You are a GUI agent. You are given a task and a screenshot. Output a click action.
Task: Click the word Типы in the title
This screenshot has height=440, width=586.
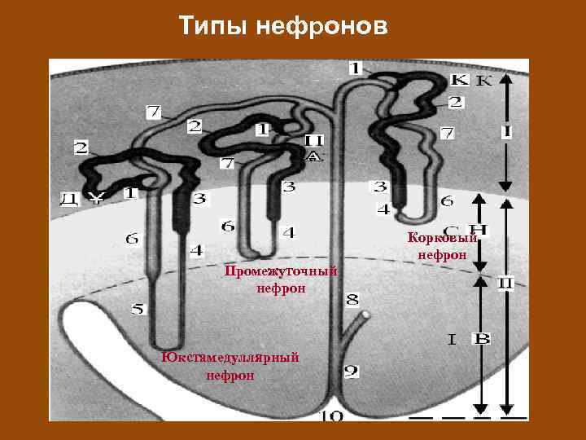click(x=213, y=27)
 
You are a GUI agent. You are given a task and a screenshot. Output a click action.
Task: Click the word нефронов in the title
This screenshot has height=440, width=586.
click(x=322, y=27)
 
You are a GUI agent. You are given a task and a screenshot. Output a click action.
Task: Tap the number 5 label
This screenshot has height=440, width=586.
click(x=138, y=310)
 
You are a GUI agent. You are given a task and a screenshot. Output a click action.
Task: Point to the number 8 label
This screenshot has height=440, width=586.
click(x=352, y=300)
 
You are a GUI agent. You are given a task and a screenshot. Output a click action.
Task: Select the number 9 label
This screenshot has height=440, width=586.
click(x=351, y=372)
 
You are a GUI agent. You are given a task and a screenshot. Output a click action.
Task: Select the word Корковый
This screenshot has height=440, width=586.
click(x=442, y=239)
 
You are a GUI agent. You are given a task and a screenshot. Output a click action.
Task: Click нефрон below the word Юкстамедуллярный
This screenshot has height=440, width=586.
click(x=230, y=376)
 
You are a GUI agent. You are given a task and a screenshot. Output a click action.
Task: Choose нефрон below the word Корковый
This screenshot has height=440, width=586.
click(x=442, y=255)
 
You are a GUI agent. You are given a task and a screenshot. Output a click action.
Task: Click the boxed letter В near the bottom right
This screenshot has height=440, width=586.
click(x=482, y=337)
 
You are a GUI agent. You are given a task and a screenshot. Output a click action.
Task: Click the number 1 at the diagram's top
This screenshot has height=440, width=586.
click(x=356, y=66)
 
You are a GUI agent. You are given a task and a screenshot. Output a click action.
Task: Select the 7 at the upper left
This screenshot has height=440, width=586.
click(x=153, y=110)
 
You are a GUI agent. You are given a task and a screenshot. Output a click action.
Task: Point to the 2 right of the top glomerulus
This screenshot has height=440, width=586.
click(x=455, y=103)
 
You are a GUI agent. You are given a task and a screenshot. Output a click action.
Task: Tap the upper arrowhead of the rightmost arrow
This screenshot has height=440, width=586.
click(x=506, y=78)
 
